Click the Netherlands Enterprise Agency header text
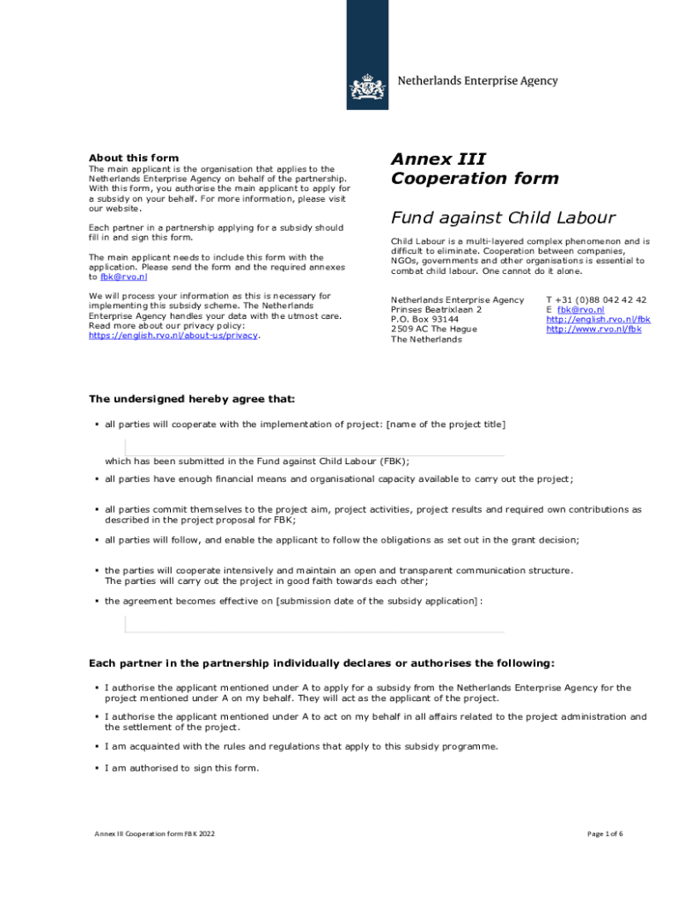click(x=478, y=81)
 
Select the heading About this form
click(x=134, y=159)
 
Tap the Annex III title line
click(x=438, y=159)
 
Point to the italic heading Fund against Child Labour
click(x=503, y=218)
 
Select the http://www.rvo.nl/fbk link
click(x=593, y=329)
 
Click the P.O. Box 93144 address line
click(x=424, y=319)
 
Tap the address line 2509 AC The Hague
click(x=434, y=329)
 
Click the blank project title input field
click(x=314, y=447)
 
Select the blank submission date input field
click(x=314, y=624)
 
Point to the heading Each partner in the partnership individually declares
click(x=322, y=663)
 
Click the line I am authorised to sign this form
click(x=182, y=768)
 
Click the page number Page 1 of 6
click(x=604, y=833)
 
